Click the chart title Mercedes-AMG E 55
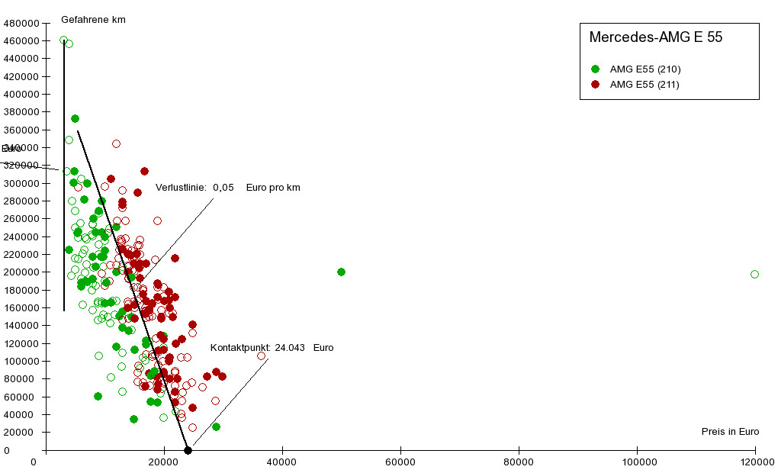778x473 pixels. [x=655, y=37]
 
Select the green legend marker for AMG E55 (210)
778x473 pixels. [x=595, y=69]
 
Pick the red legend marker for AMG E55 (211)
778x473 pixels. [x=595, y=85]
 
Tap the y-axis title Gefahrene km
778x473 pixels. [x=93, y=19]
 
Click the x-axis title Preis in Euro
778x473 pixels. [x=730, y=432]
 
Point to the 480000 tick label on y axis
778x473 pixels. [x=21, y=23]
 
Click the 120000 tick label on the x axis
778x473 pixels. [x=755, y=462]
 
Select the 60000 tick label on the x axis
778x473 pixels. [x=400, y=462]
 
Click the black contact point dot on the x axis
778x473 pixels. [x=188, y=450]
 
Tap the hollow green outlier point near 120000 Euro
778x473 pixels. [x=754, y=274]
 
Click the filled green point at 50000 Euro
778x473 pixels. [x=341, y=272]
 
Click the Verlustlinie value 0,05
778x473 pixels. [x=223, y=188]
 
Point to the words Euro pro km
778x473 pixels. [x=273, y=188]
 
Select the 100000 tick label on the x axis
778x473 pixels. [x=637, y=462]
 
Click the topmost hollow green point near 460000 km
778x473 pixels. [x=64, y=40]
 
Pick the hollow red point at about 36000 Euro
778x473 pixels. [x=261, y=356]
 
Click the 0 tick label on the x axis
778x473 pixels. [x=34, y=462]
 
